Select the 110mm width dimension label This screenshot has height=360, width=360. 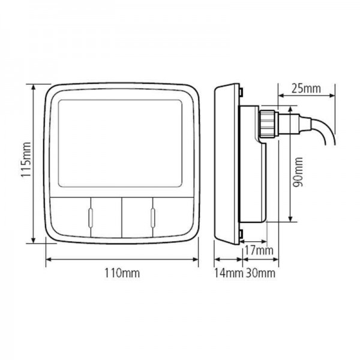[122, 274]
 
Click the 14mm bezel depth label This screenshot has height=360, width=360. [229, 274]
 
